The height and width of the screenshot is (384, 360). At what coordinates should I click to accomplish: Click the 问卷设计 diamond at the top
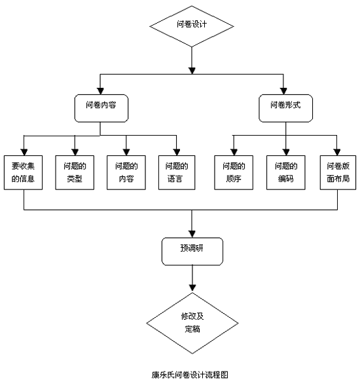192,26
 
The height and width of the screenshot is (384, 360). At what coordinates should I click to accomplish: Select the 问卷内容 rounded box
101,108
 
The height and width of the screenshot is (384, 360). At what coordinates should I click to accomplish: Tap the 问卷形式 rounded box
285,108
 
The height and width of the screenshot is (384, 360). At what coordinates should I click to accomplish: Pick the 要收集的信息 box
23,172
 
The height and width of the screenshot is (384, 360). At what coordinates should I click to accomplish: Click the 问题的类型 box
75,172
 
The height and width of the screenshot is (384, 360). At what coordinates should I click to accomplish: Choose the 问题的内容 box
126,172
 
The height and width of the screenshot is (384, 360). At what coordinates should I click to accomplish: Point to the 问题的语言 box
177,172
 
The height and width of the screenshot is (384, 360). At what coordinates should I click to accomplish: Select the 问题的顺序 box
234,172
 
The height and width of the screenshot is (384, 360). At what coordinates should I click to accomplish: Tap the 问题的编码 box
285,172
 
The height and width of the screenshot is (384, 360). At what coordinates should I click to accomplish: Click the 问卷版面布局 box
338,172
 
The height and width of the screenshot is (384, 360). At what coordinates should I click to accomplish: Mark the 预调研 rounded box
192,251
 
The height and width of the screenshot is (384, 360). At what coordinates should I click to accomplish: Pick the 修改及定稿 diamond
192,323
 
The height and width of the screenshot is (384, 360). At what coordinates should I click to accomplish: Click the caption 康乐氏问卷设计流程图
190,375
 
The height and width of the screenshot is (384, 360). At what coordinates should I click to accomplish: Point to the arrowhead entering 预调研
192,234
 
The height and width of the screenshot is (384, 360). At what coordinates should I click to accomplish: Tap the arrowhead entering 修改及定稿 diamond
192,288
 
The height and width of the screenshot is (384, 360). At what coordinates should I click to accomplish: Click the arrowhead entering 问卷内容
100,91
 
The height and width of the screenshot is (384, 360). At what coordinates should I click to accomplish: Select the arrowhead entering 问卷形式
283,91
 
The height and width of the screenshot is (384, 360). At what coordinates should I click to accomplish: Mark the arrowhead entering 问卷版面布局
337,152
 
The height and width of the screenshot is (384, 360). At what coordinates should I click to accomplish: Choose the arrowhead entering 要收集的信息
24,152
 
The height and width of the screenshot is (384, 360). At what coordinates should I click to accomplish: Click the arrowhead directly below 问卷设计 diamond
192,71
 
